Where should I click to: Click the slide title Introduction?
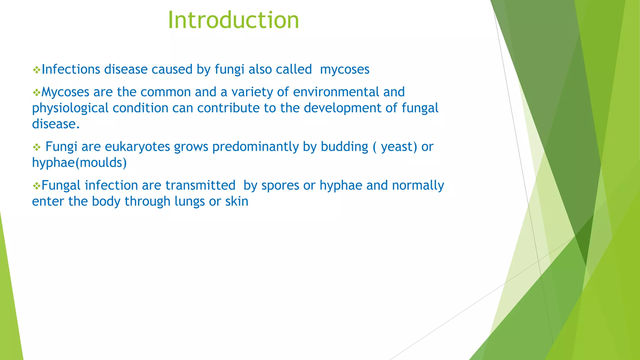click(233, 20)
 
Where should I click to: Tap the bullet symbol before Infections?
click(37, 70)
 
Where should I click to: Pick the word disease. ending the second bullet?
click(56, 124)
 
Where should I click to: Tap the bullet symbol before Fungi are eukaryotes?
click(37, 147)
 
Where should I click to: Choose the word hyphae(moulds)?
click(79, 162)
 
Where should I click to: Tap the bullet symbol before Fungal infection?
click(37, 186)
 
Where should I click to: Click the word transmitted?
click(200, 185)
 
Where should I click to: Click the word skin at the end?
click(237, 201)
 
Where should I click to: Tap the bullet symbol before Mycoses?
click(37, 92)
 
